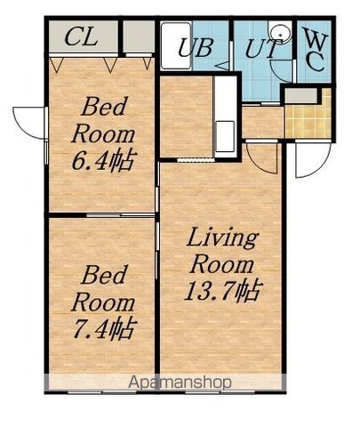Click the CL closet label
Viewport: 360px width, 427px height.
81,37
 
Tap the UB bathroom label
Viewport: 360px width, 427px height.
196,47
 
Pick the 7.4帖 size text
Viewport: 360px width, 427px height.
104,329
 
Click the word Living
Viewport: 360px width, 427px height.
222,238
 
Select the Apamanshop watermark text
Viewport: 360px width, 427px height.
180,383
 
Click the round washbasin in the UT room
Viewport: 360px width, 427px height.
280,32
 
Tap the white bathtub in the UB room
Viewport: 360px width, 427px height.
176,46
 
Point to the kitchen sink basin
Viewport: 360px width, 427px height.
225,135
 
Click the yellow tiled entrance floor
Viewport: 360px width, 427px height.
308,117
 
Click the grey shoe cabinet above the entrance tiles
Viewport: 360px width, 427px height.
301,96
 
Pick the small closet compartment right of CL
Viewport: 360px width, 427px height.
139,36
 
